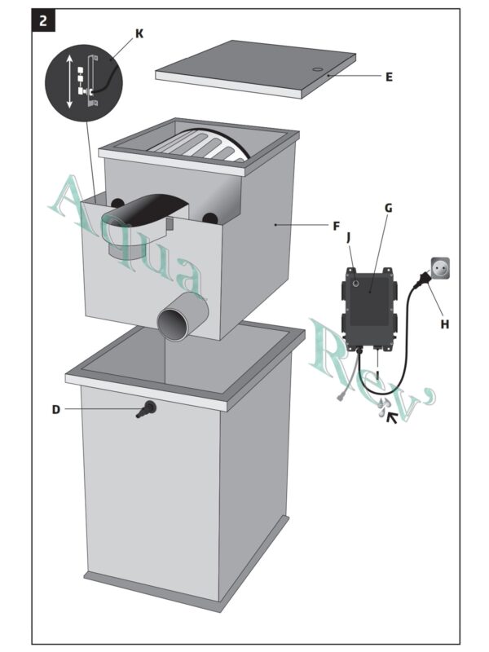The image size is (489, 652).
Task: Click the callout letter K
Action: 139,33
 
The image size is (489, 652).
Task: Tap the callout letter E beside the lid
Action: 389,77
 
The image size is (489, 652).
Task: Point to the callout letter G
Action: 388,208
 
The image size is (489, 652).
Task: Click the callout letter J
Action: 349,237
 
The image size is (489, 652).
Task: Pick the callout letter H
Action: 444,324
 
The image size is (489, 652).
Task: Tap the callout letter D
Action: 55,409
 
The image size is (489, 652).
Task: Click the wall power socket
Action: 439,267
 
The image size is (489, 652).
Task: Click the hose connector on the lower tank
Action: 147,408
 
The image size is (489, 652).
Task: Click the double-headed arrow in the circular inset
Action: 70,81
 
